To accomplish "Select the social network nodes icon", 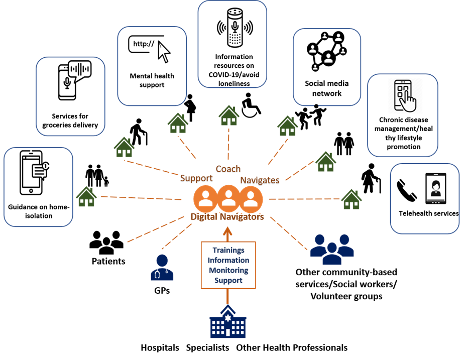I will coord(327,52).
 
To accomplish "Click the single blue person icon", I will coord(162,267).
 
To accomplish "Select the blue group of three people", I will coord(332,249).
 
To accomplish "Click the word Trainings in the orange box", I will coord(228,250).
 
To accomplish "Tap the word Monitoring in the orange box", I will coord(228,270).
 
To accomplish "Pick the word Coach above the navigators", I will coord(228,169).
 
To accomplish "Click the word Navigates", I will coord(260,180).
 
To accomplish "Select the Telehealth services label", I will coord(428,213).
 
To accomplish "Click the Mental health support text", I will coord(152,80).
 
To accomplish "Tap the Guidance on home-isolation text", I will coord(38,211).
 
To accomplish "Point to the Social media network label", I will coord(326,88).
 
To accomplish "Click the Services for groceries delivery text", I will coord(70,121).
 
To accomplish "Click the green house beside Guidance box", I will coord(86,197).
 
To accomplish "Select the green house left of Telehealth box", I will coord(351,199).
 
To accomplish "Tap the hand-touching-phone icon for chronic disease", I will coord(405,96).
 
